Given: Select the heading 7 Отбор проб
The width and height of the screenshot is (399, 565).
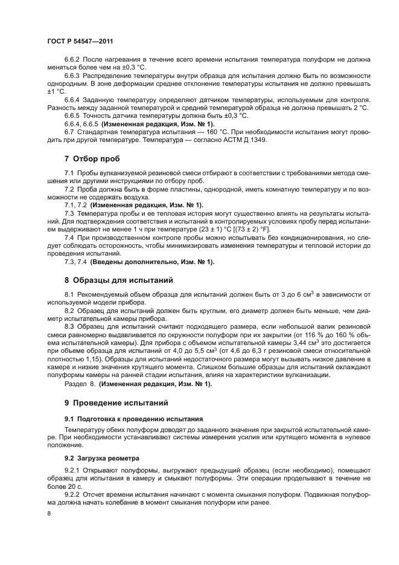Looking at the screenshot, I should (92, 160).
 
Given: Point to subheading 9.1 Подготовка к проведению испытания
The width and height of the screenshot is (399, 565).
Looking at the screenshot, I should (133, 418).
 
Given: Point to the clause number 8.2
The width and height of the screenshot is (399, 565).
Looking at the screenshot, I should (69, 310).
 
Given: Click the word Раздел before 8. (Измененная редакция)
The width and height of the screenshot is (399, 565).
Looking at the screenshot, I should (76, 384).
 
